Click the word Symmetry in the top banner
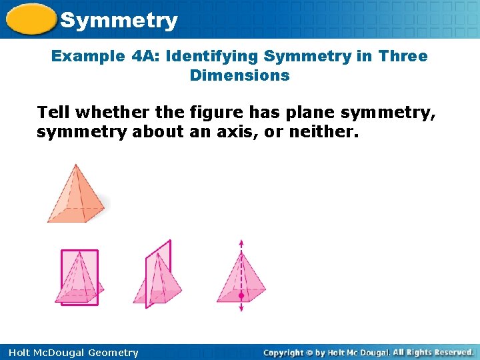click(119, 21)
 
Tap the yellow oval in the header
click(31, 19)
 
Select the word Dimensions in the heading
click(239, 75)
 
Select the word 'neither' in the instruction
click(327, 132)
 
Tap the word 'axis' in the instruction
click(239, 132)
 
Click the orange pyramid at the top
click(75, 197)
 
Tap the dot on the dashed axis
click(241, 294)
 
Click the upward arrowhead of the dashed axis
click(241, 242)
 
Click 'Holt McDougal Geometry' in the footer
click(73, 353)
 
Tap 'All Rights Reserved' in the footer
click(433, 352)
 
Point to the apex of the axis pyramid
click(241, 254)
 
